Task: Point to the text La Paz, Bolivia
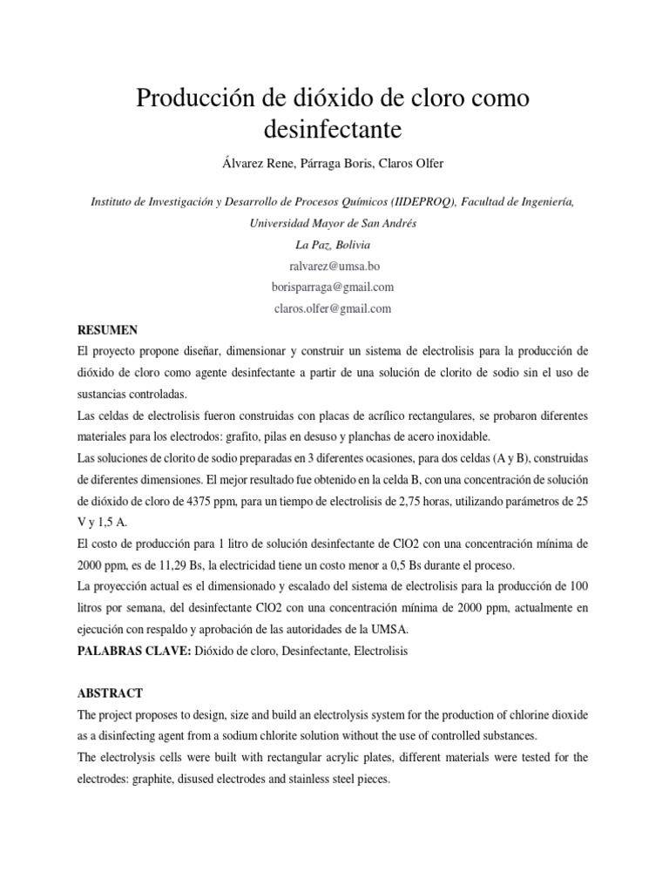[334, 245]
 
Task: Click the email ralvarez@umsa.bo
[334, 266]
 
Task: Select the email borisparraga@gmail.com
[334, 287]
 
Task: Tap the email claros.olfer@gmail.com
[334, 307]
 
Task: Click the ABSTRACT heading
[110, 693]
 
